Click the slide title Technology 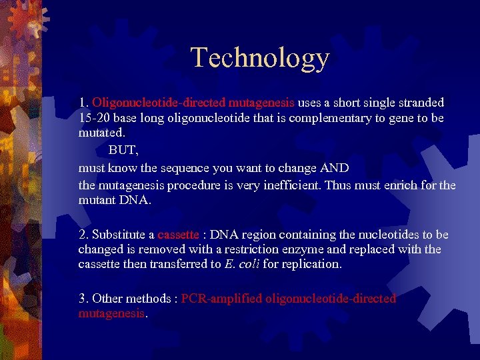pos(260,58)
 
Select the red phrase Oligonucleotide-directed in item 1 pos(159,103)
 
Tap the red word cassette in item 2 pos(178,235)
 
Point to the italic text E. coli pos(242,264)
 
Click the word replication pos(309,264)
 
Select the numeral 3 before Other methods pos(82,299)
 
